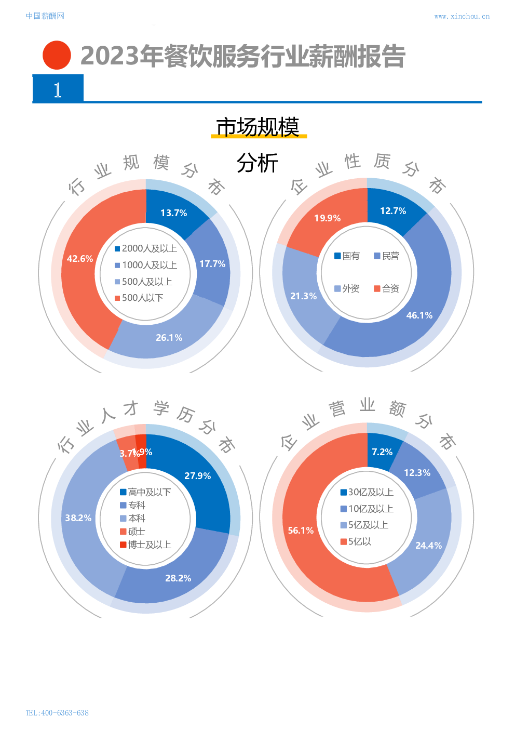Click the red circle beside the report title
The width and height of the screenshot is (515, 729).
(57, 55)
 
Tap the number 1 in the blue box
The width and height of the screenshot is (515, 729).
(58, 90)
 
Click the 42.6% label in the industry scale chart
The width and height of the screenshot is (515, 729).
(80, 259)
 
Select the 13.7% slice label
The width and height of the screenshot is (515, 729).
(173, 213)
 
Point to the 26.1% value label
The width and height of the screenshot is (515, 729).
(169, 338)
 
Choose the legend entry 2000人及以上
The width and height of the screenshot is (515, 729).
(146, 248)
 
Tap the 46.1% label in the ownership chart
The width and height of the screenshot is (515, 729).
(419, 315)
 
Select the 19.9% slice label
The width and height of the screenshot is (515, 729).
(327, 218)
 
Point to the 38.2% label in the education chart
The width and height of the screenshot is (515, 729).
(78, 518)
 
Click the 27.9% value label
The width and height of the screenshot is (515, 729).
(197, 476)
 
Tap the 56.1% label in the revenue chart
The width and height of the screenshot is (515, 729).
(301, 531)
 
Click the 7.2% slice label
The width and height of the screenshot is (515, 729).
(382, 452)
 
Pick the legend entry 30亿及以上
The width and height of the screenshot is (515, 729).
(367, 492)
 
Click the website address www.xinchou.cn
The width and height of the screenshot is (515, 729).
(462, 16)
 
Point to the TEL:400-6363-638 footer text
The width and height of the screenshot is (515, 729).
(57, 712)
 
